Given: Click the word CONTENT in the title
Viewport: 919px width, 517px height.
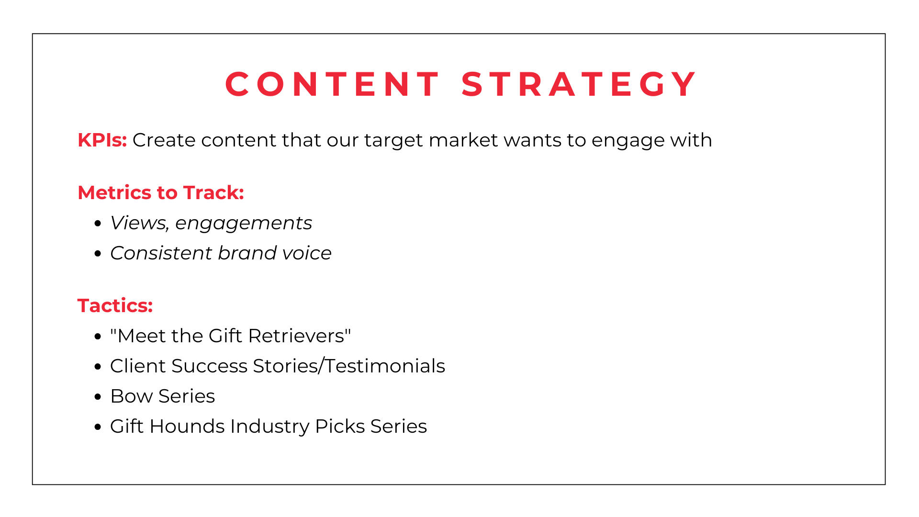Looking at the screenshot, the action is pyautogui.click(x=332, y=84).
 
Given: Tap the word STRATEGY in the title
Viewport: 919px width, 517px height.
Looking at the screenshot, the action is pyautogui.click(x=578, y=84).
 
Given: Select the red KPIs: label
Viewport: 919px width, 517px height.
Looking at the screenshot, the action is pyautogui.click(x=102, y=140).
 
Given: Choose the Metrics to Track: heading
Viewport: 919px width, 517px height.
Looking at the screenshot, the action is pyautogui.click(x=161, y=192).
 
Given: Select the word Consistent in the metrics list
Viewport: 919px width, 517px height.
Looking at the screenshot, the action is pyautogui.click(x=161, y=253).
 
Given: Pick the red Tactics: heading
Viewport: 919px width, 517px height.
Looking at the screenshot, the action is pyautogui.click(x=115, y=305).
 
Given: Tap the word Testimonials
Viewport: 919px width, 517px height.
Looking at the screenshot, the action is pyautogui.click(x=385, y=366).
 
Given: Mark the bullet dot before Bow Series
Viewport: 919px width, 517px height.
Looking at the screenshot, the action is pyautogui.click(x=98, y=397).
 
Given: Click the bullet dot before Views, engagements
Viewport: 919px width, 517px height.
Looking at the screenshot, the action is pyautogui.click(x=98, y=224).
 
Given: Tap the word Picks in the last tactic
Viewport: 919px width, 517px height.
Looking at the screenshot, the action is pyautogui.click(x=340, y=426).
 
